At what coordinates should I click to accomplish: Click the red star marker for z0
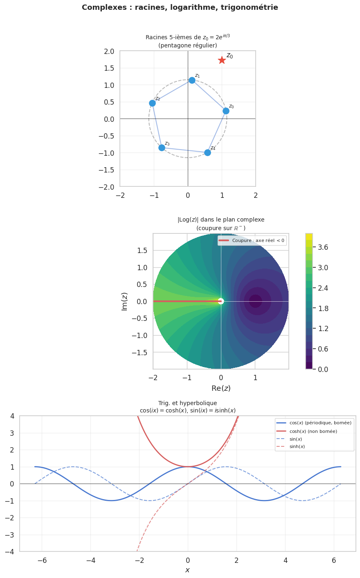[x=222, y=60]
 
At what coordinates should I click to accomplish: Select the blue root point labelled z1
[x=192, y=80]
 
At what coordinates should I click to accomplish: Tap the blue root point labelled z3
[x=162, y=148]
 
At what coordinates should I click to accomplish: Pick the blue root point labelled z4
[x=207, y=152]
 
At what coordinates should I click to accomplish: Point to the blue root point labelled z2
[x=152, y=103]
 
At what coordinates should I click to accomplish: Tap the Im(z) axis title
[x=124, y=301]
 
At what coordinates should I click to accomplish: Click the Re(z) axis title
[x=221, y=388]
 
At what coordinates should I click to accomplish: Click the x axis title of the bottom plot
[x=187, y=570]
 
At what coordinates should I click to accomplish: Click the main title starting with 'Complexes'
[x=180, y=7]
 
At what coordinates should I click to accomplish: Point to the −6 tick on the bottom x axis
[x=42, y=560]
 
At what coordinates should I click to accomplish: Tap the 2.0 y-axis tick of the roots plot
[x=109, y=51]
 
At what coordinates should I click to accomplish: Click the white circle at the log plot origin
[x=221, y=301]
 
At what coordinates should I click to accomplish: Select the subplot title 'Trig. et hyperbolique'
[x=187, y=403]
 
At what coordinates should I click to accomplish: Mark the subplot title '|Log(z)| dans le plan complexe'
[x=221, y=220]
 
